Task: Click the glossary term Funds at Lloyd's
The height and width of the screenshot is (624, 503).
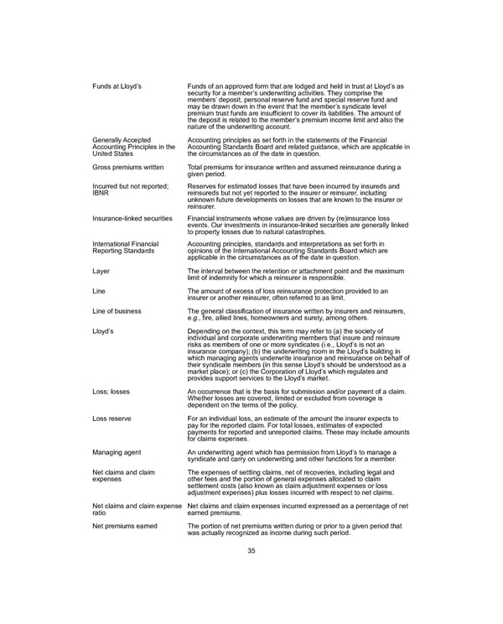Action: (x=117, y=86)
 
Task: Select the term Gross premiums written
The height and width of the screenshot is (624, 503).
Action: (x=128, y=168)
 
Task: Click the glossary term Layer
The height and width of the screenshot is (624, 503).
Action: (x=101, y=271)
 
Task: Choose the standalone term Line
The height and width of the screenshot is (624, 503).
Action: (x=99, y=290)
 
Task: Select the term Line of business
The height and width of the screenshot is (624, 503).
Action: (x=117, y=310)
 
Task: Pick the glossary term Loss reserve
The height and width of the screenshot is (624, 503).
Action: (x=111, y=417)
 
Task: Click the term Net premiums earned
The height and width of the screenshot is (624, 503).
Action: (x=125, y=526)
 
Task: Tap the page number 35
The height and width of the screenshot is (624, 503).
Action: (x=251, y=550)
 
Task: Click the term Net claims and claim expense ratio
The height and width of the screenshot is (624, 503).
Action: (x=137, y=510)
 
